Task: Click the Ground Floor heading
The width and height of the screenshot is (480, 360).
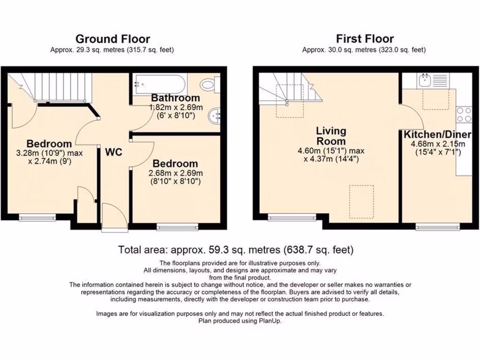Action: (x=112, y=39)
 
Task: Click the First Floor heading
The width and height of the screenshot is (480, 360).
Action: (x=364, y=39)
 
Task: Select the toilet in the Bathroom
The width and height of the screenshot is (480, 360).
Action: (x=208, y=85)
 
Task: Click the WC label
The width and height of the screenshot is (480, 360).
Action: (x=114, y=152)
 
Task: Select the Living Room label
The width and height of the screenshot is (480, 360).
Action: (x=331, y=136)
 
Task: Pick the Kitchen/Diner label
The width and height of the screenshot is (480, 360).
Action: (x=437, y=135)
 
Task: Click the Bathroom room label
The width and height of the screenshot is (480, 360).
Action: (x=175, y=98)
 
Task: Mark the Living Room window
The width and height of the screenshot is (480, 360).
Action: (x=292, y=217)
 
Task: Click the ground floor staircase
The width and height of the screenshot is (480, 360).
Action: (x=56, y=87)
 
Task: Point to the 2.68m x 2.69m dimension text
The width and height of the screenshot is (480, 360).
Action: (x=175, y=173)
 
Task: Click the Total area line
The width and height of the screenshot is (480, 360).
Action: (x=236, y=249)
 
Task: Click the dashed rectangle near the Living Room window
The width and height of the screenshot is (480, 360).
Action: (x=361, y=198)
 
